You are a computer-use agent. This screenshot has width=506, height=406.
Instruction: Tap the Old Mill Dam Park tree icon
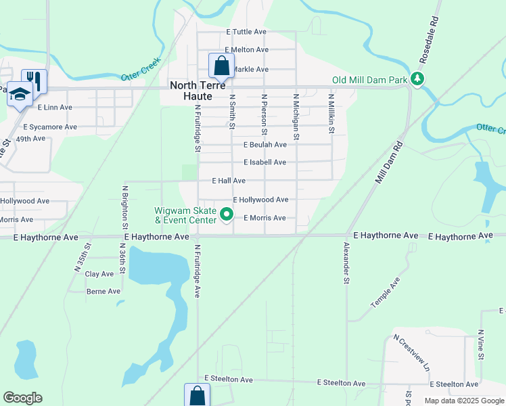(418, 79)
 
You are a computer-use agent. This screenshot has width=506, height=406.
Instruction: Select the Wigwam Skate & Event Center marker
(227, 216)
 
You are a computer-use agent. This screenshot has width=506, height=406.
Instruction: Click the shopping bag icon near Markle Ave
(221, 66)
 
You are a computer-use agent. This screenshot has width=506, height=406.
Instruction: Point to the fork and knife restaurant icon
(34, 81)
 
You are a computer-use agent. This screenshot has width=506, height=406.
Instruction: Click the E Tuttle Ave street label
(246, 32)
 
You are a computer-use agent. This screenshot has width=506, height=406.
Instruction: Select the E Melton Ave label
(247, 50)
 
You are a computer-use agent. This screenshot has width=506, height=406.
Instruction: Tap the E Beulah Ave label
(265, 145)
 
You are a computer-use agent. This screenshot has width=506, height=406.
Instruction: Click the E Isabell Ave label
(264, 163)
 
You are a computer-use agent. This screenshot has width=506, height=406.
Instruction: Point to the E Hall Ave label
(228, 181)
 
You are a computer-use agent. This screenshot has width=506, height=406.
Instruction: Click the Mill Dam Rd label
(388, 162)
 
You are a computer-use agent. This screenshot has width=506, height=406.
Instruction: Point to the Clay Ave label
(99, 274)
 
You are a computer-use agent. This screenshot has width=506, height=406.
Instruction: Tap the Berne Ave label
(103, 292)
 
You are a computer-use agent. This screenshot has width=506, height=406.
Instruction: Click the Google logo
(22, 398)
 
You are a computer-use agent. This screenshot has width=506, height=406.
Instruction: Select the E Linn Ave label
(55, 108)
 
